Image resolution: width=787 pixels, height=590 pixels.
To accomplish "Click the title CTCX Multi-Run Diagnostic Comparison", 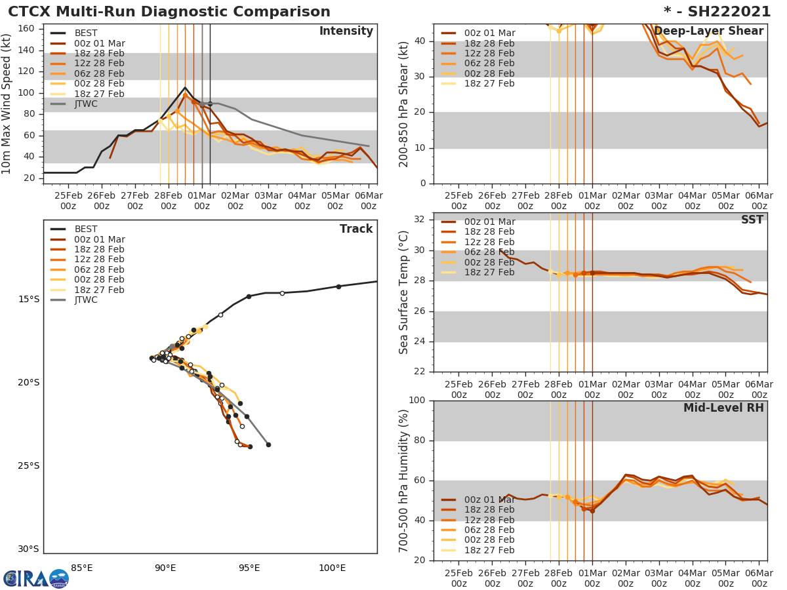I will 169,12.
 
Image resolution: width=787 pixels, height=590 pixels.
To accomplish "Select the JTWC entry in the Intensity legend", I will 90,104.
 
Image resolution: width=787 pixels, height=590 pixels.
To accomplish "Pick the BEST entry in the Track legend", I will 86,229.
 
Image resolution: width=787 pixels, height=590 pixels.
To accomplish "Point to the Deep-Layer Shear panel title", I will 708,31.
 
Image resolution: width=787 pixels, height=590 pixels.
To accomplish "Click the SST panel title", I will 752,220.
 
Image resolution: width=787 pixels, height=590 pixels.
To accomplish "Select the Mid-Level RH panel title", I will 723,408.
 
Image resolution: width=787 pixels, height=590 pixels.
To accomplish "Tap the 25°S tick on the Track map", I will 29,466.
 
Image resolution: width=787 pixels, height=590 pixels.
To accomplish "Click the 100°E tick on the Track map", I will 333,568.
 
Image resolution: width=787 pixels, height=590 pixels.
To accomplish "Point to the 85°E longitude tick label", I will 81,568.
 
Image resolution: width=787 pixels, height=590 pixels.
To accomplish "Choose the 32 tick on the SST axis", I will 418,220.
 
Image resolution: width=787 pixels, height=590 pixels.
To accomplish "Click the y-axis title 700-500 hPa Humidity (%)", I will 404,481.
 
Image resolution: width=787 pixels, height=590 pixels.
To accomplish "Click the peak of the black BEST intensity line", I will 185,87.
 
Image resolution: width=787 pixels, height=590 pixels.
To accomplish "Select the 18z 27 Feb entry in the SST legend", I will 488,272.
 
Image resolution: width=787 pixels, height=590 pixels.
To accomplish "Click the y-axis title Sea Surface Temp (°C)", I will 404,292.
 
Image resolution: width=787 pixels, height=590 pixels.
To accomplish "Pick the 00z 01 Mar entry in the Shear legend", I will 488,33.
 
